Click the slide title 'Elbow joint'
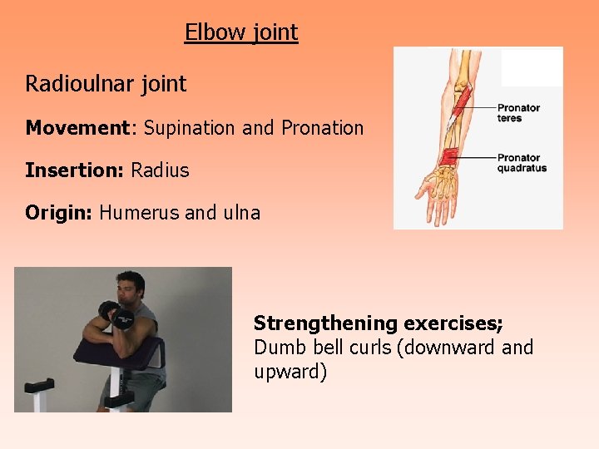pos(241,32)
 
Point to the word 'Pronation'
pos(323,128)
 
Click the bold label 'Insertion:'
pos(74,170)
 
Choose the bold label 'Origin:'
pos(59,213)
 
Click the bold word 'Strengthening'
pos(325,323)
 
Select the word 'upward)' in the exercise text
pos(290,372)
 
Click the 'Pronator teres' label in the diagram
pos(518,113)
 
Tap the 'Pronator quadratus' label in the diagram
pos(522,163)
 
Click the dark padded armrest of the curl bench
pos(116,348)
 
